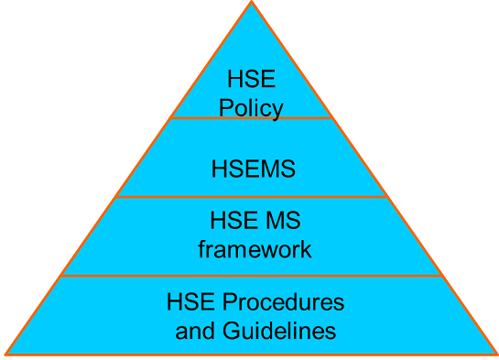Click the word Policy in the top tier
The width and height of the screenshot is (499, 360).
pyautogui.click(x=252, y=107)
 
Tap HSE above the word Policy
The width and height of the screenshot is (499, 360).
pyautogui.click(x=252, y=82)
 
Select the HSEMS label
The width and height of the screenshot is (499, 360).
pyautogui.click(x=253, y=169)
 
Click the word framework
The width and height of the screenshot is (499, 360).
pyautogui.click(x=255, y=248)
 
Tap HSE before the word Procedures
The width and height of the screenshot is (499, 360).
pyautogui.click(x=190, y=301)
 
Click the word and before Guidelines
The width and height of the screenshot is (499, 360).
pyautogui.click(x=193, y=329)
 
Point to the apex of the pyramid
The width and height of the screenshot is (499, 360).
pyautogui.click(x=252, y=3)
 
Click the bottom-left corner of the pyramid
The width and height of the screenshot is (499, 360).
pyautogui.click(x=6, y=353)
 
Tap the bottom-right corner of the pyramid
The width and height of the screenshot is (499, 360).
pyautogui.click(x=495, y=353)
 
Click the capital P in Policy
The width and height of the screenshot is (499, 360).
pyautogui.click(x=226, y=107)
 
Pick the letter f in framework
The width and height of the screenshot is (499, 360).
pyautogui.click(x=202, y=248)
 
